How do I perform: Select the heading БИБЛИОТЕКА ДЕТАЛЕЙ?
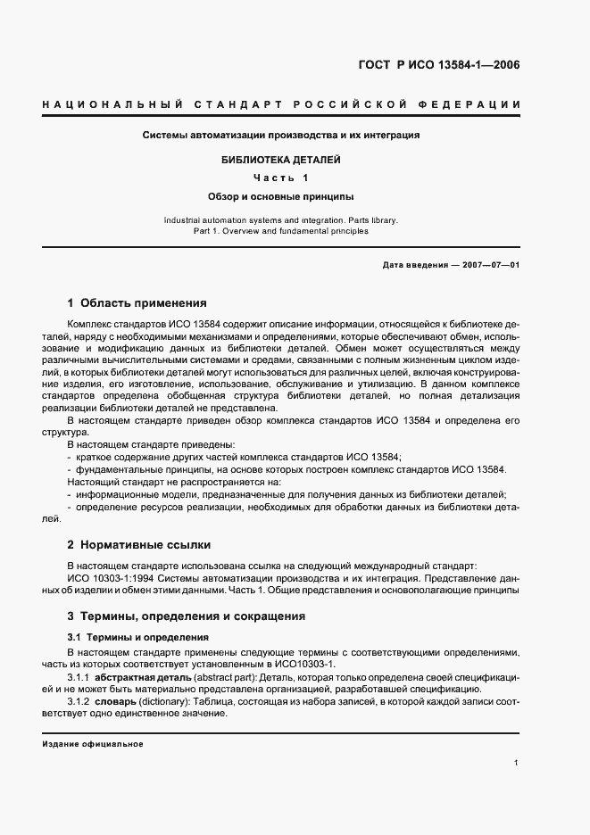click(x=281, y=160)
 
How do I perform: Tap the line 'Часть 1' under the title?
click(x=281, y=178)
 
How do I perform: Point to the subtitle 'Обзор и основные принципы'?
click(x=281, y=195)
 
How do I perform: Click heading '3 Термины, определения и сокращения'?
click(x=186, y=616)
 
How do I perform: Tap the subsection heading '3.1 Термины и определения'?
click(x=138, y=638)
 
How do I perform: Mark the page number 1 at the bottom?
click(x=517, y=763)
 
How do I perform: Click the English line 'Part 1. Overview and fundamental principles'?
click(x=281, y=231)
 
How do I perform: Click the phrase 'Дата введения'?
click(x=411, y=266)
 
